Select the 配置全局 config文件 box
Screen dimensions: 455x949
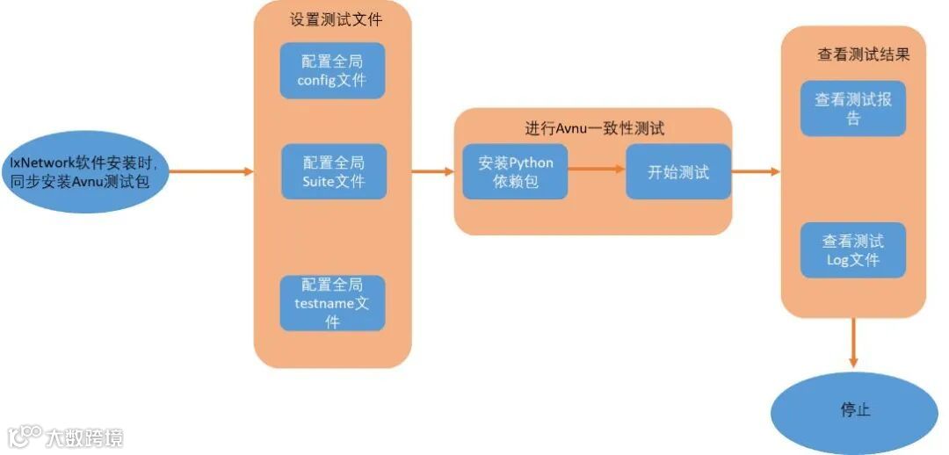pyautogui.click(x=332, y=70)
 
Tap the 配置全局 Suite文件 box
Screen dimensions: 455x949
pyautogui.click(x=333, y=172)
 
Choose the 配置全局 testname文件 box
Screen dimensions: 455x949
pyautogui.click(x=332, y=303)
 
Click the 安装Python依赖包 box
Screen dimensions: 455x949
pyautogui.click(x=516, y=172)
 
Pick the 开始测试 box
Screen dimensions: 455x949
pyautogui.click(x=678, y=172)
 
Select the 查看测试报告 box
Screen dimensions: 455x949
pyautogui.click(x=852, y=109)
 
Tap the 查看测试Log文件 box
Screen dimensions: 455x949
pyautogui.click(x=852, y=250)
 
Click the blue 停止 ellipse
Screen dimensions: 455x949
pyautogui.click(x=854, y=410)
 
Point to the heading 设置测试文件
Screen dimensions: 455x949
pyautogui.click(x=337, y=18)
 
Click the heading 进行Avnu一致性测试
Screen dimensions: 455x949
pyautogui.click(x=595, y=128)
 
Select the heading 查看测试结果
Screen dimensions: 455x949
pyautogui.click(x=863, y=54)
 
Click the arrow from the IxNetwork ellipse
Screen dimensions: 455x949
pyautogui.click(x=211, y=171)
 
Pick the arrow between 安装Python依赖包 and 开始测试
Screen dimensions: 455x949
pyautogui.click(x=597, y=172)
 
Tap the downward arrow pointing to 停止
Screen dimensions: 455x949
pyautogui.click(x=852, y=343)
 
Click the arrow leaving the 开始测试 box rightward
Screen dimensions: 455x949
pyautogui.click(x=756, y=172)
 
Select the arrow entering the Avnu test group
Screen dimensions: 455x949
pyautogui.click(x=433, y=172)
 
